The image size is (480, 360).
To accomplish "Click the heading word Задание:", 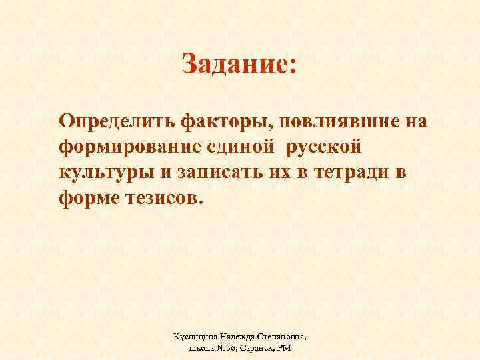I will click(x=239, y=65).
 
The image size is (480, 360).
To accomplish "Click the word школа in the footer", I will click(x=193, y=348).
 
